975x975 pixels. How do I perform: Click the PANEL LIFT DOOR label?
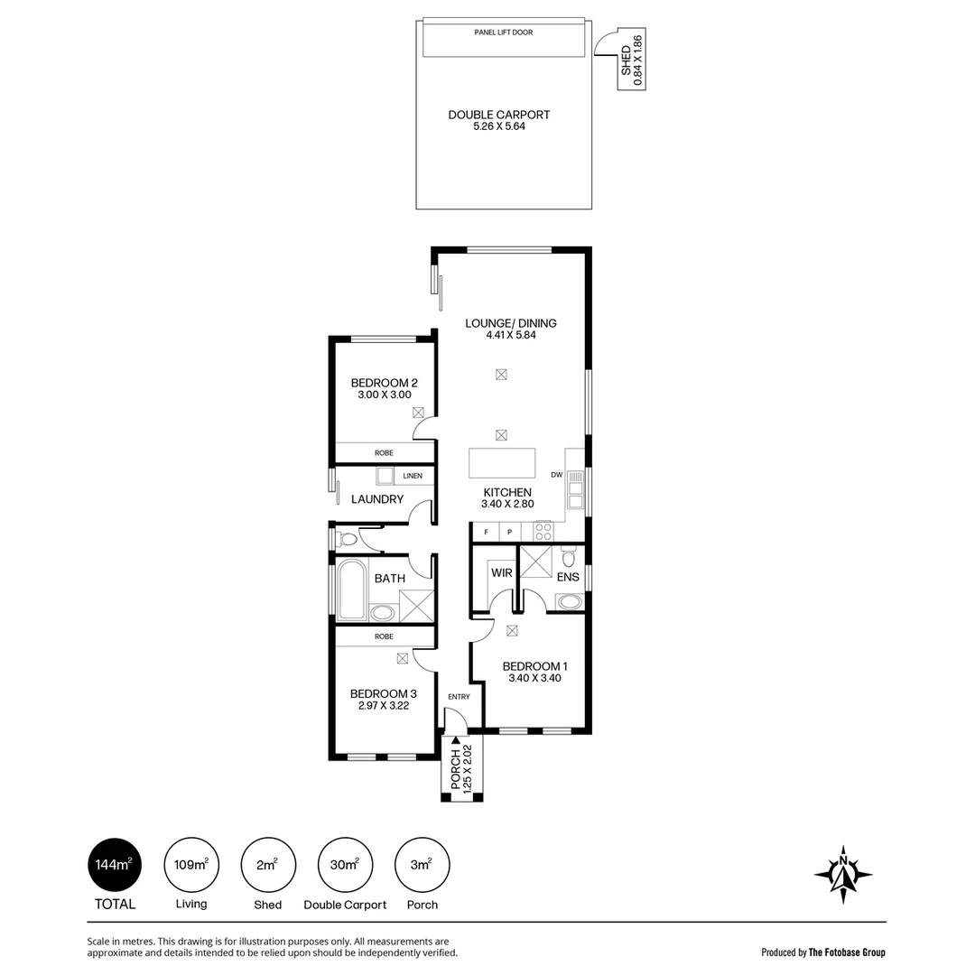[x=503, y=32]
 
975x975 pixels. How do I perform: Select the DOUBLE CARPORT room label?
[x=499, y=120]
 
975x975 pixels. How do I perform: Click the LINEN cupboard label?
[x=413, y=476]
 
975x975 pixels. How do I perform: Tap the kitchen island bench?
[x=502, y=463]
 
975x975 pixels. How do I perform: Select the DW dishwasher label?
[x=556, y=476]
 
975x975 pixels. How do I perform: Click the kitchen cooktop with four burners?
[x=543, y=531]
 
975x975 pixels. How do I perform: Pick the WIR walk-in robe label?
[x=501, y=572]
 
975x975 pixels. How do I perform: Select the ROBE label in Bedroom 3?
[x=384, y=636]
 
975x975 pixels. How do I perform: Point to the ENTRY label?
[x=459, y=696]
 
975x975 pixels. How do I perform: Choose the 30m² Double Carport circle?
[x=345, y=864]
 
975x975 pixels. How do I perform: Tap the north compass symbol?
[x=842, y=874]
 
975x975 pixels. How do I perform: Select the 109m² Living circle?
[x=191, y=864]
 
